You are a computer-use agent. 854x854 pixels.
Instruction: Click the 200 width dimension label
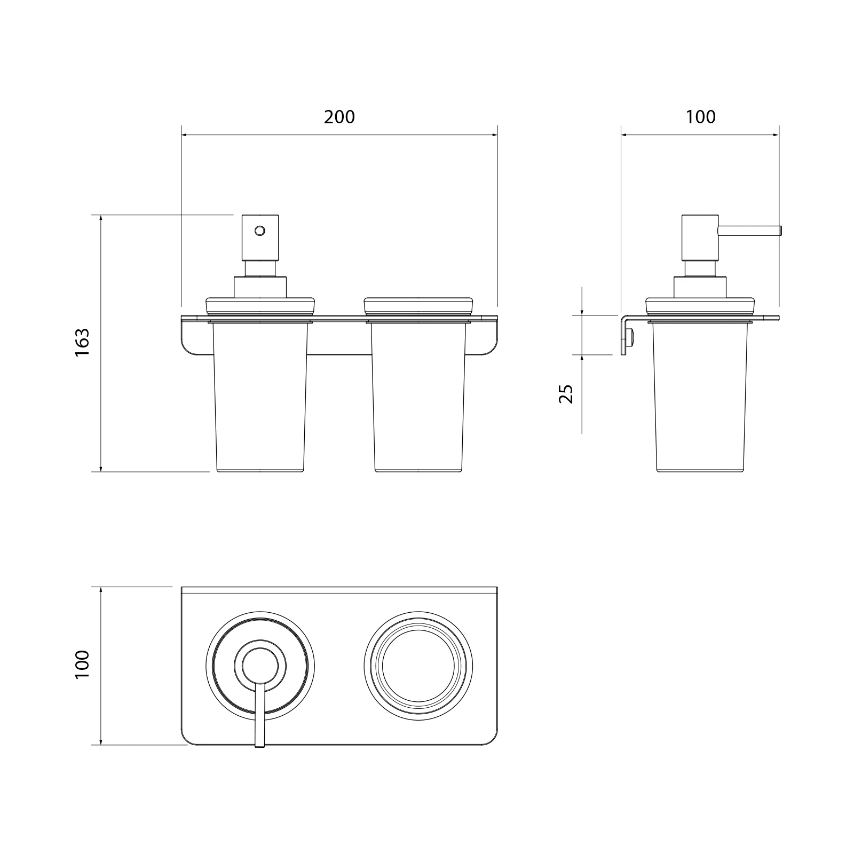339,117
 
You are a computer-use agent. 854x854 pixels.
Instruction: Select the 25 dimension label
566,393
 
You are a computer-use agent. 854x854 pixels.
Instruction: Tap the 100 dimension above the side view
700,117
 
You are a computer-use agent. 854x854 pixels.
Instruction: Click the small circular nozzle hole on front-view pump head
260,231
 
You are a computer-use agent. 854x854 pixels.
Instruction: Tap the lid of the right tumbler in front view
418,306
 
